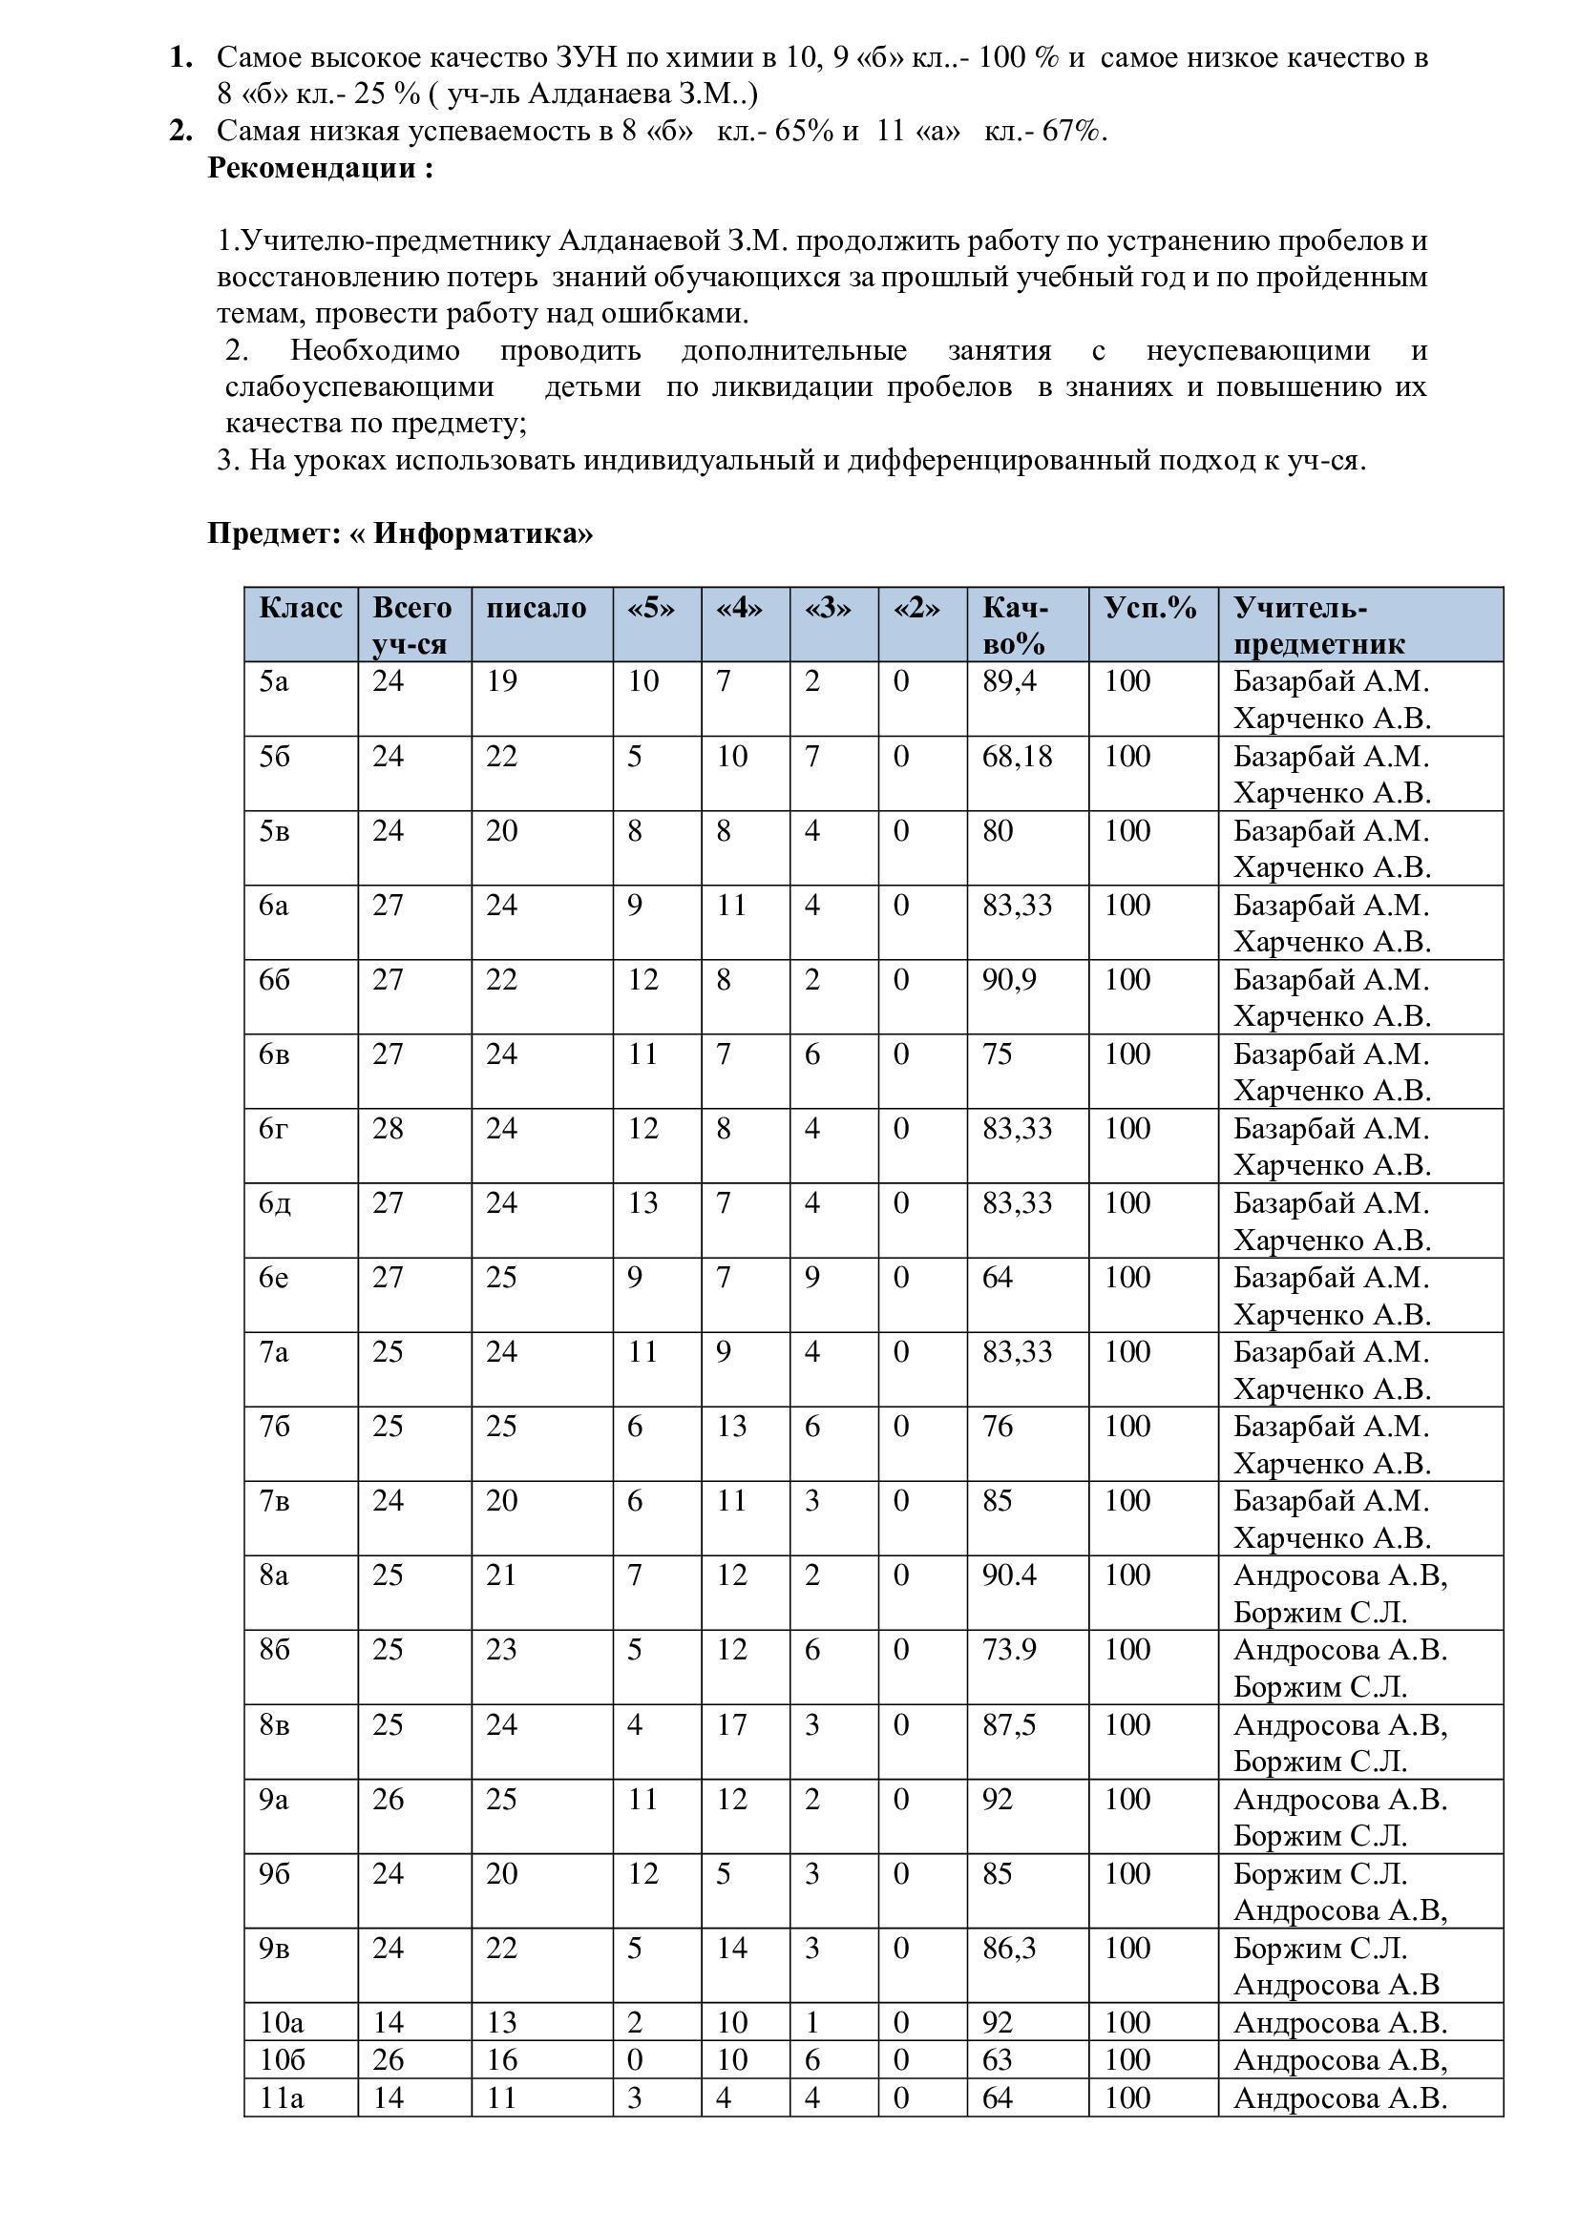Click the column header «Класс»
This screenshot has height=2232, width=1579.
[301, 608]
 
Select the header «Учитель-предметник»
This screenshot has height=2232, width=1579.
[1318, 625]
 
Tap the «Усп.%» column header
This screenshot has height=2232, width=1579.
[1150, 608]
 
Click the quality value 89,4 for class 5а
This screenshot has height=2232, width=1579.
[1009, 680]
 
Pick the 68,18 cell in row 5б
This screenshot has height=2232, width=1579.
[1017, 756]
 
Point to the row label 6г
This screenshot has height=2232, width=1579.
[273, 1129]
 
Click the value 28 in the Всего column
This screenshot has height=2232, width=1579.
[388, 1129]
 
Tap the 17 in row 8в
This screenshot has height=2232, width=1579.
[732, 1724]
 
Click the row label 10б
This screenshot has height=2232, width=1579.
[282, 2059]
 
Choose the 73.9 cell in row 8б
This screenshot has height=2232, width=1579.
[1009, 1650]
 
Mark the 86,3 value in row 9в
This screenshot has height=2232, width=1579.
[1009, 1949]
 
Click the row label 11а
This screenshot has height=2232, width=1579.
[282, 2097]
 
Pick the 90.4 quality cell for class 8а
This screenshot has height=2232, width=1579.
[1009, 1575]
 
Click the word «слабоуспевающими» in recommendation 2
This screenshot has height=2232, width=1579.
[360, 386]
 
